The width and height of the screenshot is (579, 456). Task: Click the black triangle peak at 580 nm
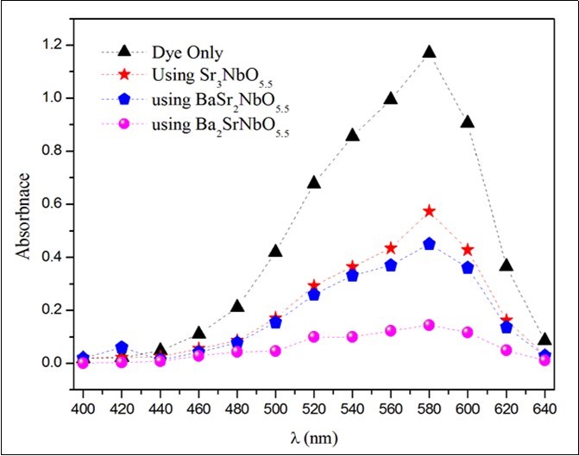pyautogui.click(x=429, y=53)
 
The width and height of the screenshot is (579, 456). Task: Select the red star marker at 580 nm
pyautogui.click(x=429, y=211)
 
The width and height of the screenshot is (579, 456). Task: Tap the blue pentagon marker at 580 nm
pyautogui.click(x=429, y=244)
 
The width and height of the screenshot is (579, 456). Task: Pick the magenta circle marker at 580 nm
pyautogui.click(x=429, y=325)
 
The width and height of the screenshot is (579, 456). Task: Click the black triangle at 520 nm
pyautogui.click(x=313, y=182)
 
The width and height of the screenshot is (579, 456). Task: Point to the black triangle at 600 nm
pyautogui.click(x=468, y=122)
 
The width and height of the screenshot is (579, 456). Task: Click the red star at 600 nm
pyautogui.click(x=468, y=250)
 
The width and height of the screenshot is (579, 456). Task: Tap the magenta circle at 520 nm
pyautogui.click(x=313, y=336)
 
